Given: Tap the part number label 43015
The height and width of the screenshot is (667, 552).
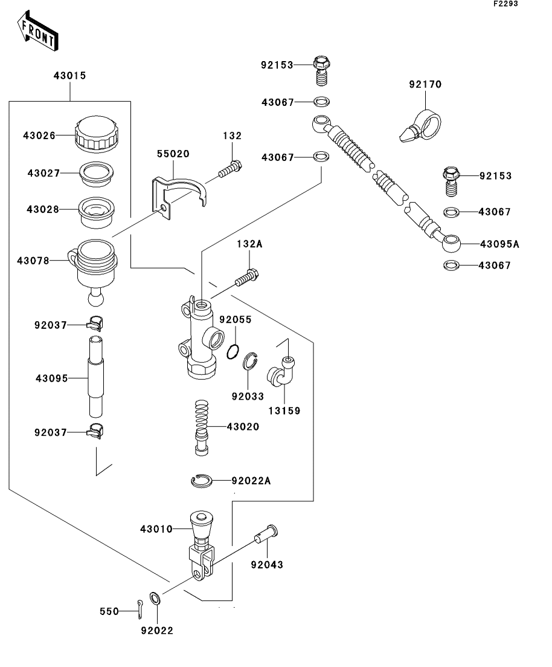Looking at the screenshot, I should point(69,76).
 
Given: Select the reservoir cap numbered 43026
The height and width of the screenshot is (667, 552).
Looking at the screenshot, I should point(96,135).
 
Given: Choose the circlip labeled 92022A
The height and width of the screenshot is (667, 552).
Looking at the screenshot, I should point(201,481).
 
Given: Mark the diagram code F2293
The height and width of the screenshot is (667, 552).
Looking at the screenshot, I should point(505,4).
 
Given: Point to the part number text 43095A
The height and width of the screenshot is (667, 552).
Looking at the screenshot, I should point(499,244).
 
